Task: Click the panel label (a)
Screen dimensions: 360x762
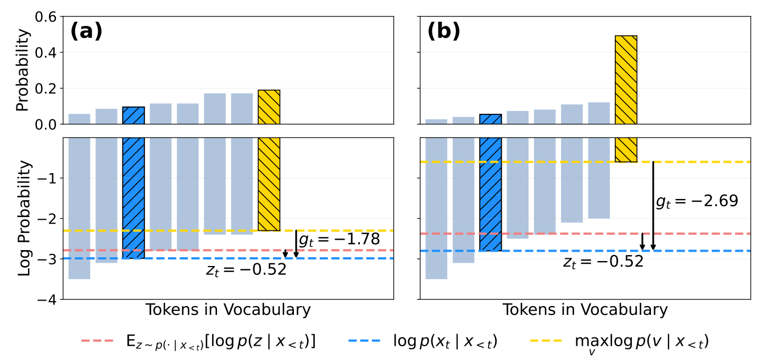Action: [86, 32]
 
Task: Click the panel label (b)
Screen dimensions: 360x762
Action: [443, 32]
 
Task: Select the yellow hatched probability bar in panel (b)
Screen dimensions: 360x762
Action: [626, 80]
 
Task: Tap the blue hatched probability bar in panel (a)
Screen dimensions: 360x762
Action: [133, 115]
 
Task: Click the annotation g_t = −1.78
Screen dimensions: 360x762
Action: [339, 240]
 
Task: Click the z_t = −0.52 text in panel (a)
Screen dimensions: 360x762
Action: [246, 269]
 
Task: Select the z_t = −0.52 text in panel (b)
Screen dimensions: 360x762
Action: [603, 262]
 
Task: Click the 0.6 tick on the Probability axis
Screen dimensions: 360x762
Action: [45, 17]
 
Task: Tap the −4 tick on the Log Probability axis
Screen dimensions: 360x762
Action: [48, 300]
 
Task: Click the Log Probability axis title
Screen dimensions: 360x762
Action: [23, 218]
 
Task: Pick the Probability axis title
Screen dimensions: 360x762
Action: [23, 70]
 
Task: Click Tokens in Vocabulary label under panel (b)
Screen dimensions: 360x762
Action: [585, 310]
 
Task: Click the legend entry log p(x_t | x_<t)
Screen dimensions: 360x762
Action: [423, 342]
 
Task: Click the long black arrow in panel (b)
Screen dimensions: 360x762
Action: [653, 206]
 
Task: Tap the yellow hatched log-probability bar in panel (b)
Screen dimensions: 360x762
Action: [626, 149]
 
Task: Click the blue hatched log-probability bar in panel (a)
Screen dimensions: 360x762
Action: [133, 198]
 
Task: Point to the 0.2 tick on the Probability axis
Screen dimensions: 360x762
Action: [45, 88]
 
